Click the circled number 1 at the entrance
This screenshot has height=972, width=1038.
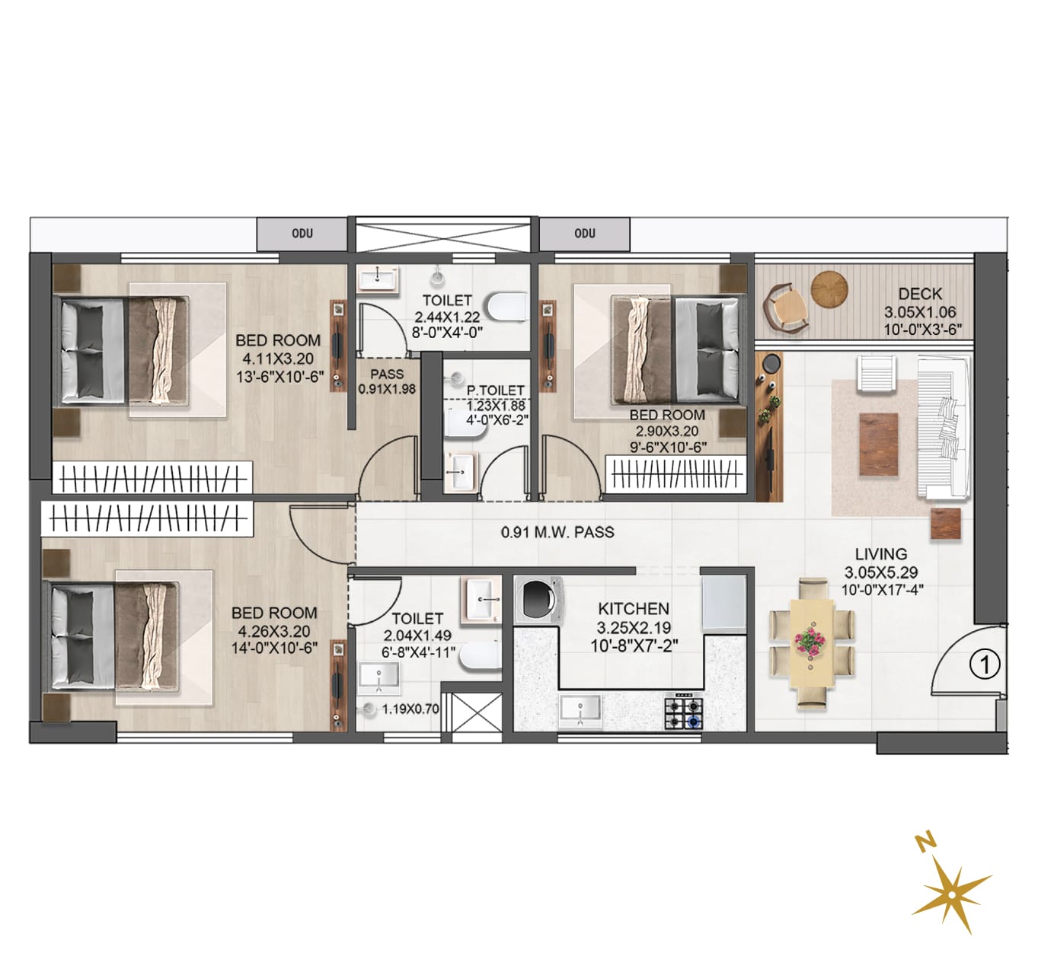coord(985,665)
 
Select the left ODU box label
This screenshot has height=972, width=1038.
coord(302,233)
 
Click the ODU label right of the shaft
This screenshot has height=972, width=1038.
coord(585,233)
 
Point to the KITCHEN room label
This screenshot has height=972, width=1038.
coord(634,609)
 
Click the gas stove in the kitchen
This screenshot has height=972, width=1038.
coord(684,711)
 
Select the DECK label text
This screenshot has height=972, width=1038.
coord(920,295)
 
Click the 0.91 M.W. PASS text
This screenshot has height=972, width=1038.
coord(557,533)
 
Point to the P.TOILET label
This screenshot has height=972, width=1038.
coord(496,390)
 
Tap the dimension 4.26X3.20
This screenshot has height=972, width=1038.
coord(274,631)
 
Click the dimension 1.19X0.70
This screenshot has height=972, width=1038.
coord(410,709)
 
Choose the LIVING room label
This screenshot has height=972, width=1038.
coord(881,554)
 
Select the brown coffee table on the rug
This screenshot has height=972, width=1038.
coord(879,445)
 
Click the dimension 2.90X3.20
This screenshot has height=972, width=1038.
coord(666,431)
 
